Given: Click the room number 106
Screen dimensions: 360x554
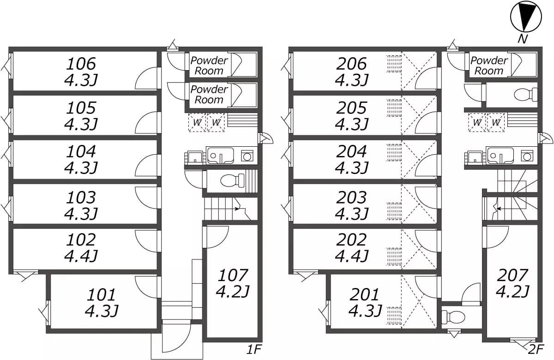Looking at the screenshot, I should coord(82,63).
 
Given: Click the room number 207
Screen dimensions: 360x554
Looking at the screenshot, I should coord(512,275).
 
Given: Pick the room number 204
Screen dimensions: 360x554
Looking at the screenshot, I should coord(352,151).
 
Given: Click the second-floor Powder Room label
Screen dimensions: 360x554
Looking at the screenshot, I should coord(489,66).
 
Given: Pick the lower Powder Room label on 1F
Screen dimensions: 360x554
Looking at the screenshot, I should coord(209,94).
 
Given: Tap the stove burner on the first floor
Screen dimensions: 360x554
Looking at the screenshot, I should coord(247,156).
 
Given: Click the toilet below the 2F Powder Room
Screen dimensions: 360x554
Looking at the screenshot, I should coord(526,95).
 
